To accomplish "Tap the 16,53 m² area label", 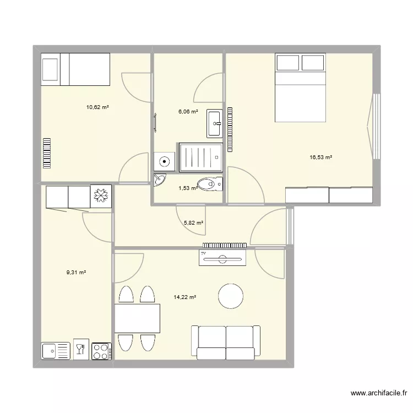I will (x=320, y=157).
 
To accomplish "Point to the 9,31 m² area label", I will (x=77, y=272).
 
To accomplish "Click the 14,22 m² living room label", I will (x=185, y=297).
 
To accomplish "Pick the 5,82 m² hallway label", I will (x=193, y=223).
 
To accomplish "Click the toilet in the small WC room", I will (x=210, y=183).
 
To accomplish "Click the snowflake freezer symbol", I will (x=101, y=195).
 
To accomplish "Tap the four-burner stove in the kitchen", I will (x=101, y=350).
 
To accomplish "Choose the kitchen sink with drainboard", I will (x=56, y=350).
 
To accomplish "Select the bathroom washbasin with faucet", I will (x=214, y=123).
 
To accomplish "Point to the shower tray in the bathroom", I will (x=200, y=157).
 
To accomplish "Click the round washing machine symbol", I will (x=164, y=161).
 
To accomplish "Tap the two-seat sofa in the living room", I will (x=225, y=342).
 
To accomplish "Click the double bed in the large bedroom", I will (x=300, y=88).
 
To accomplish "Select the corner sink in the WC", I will (x=159, y=180).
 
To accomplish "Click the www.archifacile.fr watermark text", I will (x=378, y=393).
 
